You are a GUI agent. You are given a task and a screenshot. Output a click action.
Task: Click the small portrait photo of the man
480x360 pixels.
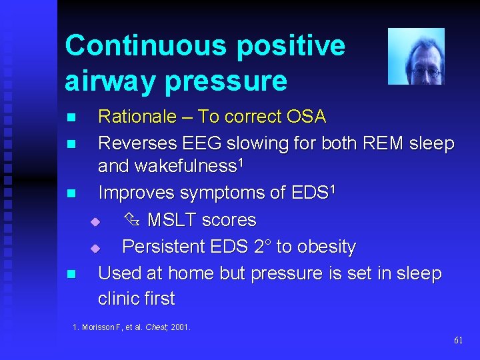pyautogui.click(x=416, y=56)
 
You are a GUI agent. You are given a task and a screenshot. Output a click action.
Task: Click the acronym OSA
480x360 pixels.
pyautogui.click(x=305, y=117)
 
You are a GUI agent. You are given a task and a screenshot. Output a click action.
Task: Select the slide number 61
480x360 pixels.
pyautogui.click(x=458, y=340)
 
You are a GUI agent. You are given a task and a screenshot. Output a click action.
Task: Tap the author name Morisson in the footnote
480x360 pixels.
pyautogui.click(x=99, y=327)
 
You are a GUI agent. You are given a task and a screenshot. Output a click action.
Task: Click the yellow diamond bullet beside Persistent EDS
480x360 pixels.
pyautogui.click(x=95, y=248)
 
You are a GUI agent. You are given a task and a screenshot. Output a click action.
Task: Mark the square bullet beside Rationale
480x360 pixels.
pyautogui.click(x=71, y=118)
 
